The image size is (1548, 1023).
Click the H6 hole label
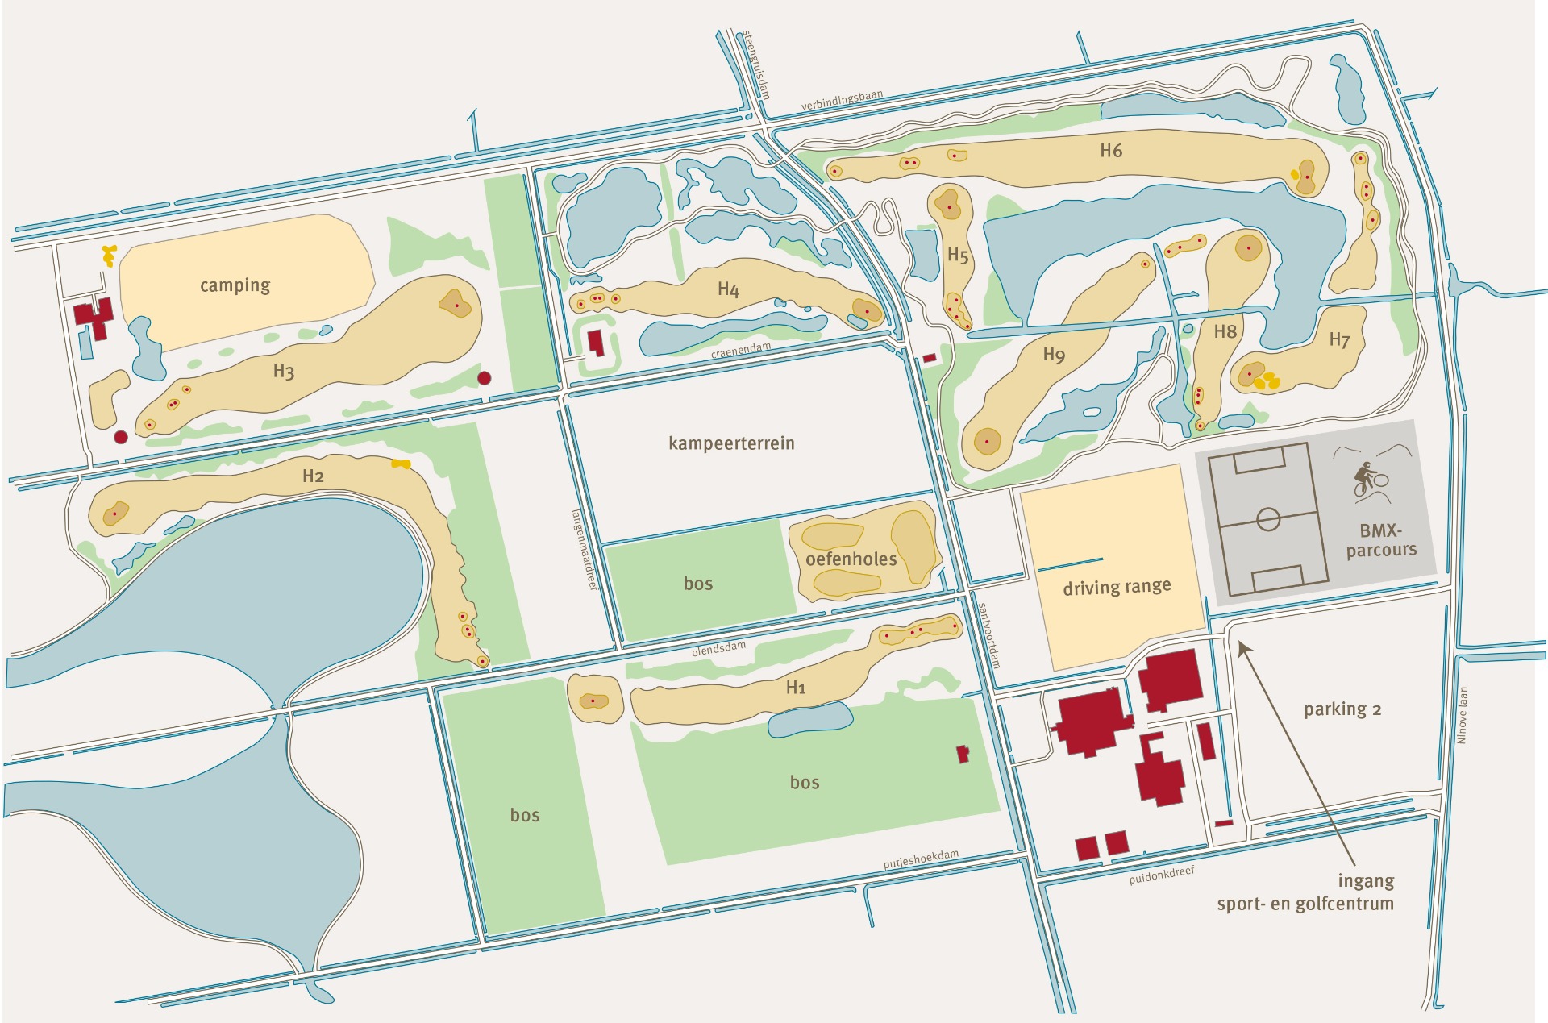coord(1111,151)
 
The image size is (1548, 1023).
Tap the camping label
coord(235,285)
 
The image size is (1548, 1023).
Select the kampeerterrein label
coord(731,443)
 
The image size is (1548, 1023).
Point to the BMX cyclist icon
coord(1368,480)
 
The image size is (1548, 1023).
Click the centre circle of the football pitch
coord(1268,519)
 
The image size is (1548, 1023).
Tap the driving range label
coord(1117,587)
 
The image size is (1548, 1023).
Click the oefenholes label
coord(851,559)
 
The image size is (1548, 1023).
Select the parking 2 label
coord(1342,709)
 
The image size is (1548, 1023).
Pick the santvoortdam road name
coord(989,635)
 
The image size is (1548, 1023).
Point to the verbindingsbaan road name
coord(842,101)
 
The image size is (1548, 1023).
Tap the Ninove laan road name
coord(1463,715)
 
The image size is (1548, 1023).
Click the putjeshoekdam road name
coord(921,859)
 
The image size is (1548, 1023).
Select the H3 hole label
coord(283,372)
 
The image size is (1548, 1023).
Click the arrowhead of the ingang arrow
coord(1242,647)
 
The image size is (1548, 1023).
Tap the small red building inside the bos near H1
coord(962,755)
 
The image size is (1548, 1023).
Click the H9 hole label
coord(1054,355)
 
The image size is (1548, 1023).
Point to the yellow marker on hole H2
coord(401,464)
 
